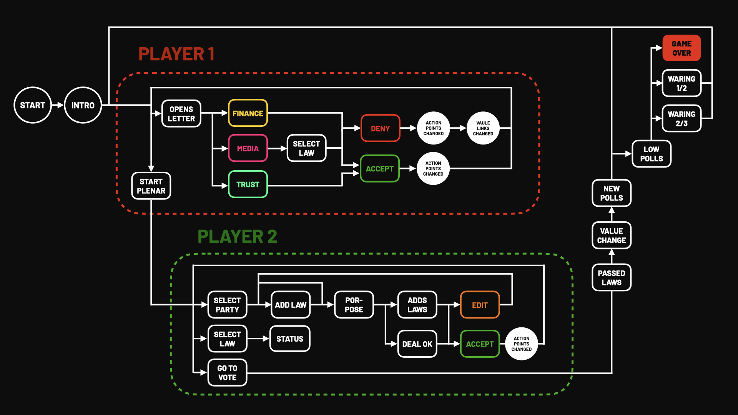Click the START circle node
click(x=33, y=105)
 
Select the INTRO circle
click(x=83, y=105)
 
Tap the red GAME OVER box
click(x=681, y=48)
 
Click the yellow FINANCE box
click(x=248, y=113)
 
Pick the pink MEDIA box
click(x=248, y=148)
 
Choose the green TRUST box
click(x=248, y=184)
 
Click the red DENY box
click(x=380, y=128)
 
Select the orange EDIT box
click(x=480, y=305)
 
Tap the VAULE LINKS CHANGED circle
click(x=483, y=128)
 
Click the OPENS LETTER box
click(x=181, y=114)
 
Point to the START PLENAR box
click(x=151, y=186)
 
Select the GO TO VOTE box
click(x=227, y=373)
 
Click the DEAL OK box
click(x=417, y=344)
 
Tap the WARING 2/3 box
click(x=681, y=119)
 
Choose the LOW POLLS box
click(x=652, y=154)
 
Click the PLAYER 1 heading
click(x=176, y=54)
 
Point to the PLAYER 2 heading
click(x=237, y=236)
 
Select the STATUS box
click(x=290, y=339)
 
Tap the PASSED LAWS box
click(x=612, y=277)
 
